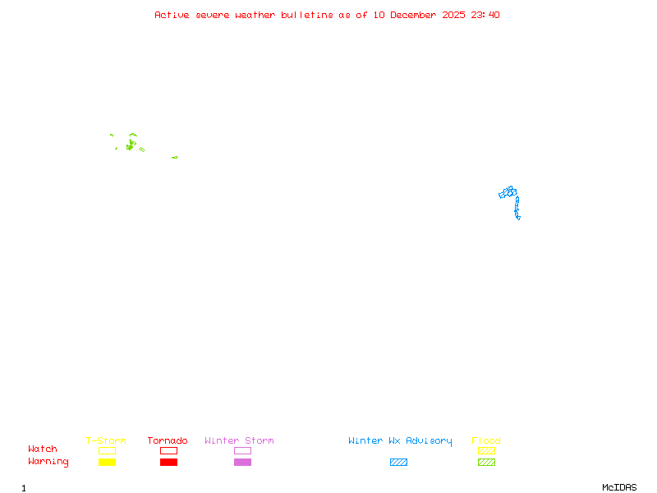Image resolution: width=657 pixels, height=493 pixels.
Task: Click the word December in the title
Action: pyautogui.click(x=416, y=15)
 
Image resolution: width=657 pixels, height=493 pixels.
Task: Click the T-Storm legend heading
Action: pyautogui.click(x=106, y=441)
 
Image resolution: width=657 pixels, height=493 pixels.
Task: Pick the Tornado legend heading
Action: pyautogui.click(x=168, y=441)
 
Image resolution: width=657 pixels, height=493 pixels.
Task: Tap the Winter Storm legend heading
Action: pyautogui.click(x=239, y=441)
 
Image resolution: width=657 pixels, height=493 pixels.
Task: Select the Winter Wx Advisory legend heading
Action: pyautogui.click(x=400, y=441)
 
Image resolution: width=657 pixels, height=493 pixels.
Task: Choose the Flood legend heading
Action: pyautogui.click(x=486, y=441)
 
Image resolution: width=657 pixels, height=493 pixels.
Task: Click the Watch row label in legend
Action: pyautogui.click(x=43, y=449)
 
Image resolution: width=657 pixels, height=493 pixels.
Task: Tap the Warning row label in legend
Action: pyautogui.click(x=48, y=462)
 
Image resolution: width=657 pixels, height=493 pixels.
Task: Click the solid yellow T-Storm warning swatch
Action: pyautogui.click(x=107, y=463)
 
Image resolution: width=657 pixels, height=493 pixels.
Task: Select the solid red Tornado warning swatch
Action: pyautogui.click(x=168, y=463)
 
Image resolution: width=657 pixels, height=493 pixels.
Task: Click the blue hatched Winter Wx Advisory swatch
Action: pyautogui.click(x=398, y=463)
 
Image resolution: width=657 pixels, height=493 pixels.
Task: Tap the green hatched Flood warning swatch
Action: pyautogui.click(x=486, y=463)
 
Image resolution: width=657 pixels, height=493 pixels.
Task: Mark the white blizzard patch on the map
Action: pyautogui.click(x=521, y=218)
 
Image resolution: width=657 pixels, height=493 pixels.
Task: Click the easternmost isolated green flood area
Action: pyautogui.click(x=174, y=157)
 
